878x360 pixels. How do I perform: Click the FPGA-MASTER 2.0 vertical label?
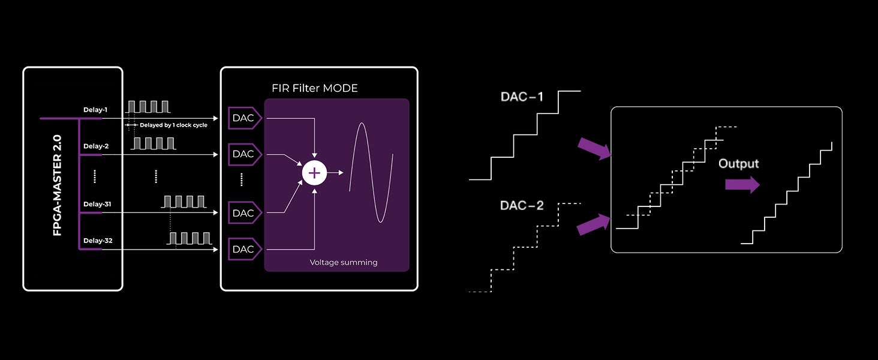(58, 185)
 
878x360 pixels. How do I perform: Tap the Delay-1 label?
(95, 110)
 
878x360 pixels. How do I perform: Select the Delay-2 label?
(95, 146)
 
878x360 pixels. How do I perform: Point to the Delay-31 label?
(97, 204)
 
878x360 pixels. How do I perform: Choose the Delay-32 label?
(97, 241)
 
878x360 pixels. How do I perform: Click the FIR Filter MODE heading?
(315, 88)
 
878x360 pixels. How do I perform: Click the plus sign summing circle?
(314, 173)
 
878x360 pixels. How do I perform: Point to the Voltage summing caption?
(343, 262)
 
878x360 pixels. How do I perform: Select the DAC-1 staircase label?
(522, 97)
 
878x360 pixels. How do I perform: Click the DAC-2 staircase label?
(522, 206)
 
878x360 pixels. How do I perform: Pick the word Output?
(738, 164)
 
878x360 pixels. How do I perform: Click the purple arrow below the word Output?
(742, 185)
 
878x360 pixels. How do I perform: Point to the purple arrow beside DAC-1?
(594, 148)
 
